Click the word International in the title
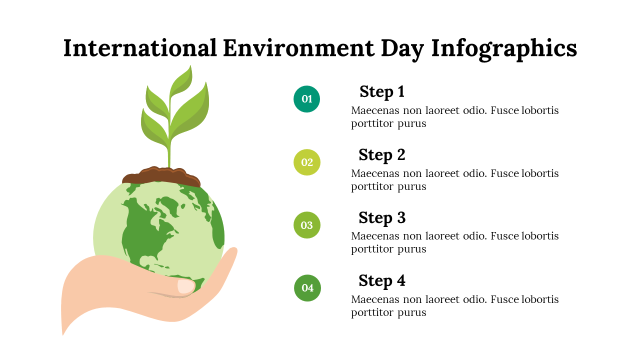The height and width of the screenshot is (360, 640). pos(139,47)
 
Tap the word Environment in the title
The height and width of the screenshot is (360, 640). pos(298,47)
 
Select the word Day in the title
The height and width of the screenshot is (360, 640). pos(402,49)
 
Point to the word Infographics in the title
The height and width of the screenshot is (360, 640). pos(504,49)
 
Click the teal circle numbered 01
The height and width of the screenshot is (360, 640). pos(306,99)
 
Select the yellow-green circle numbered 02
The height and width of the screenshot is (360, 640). pos(307,162)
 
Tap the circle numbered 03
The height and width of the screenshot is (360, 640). pos(307,225)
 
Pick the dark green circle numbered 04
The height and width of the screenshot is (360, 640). pos(307,288)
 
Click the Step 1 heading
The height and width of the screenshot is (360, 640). pos(382,92)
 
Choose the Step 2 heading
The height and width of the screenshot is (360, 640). pos(382,155)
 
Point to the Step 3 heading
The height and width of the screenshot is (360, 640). pos(382,218)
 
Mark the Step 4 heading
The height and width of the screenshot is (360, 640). pos(382,281)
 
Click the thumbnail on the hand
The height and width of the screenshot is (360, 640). pos(186,286)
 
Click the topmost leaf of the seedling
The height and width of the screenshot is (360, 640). pos(181,81)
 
